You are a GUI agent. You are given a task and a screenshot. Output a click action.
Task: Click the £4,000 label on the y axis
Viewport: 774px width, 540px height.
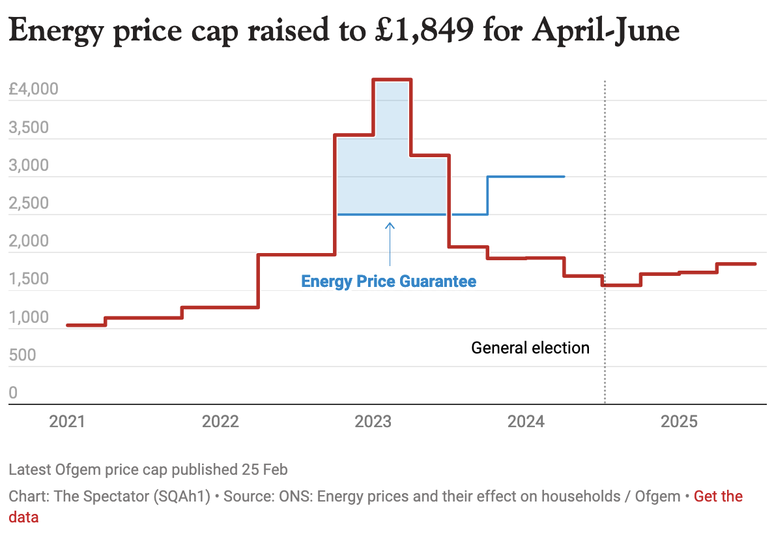(34, 89)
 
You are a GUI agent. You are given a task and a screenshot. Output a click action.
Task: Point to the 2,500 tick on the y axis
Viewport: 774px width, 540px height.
(29, 203)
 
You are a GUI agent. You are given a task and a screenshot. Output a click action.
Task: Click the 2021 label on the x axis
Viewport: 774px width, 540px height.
(67, 423)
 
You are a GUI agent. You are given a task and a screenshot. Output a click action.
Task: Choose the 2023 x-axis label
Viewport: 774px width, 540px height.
(373, 423)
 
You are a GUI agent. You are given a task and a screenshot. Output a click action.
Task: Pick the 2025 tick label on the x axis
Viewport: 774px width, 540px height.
(679, 423)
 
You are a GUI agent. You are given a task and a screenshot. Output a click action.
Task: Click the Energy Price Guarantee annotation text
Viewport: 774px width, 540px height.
(388, 282)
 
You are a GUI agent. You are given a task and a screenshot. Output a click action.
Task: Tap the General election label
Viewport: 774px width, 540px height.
(530, 348)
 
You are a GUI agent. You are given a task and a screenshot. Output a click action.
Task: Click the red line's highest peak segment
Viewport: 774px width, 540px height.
(392, 80)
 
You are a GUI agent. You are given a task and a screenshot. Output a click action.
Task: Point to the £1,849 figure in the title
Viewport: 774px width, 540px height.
(431, 31)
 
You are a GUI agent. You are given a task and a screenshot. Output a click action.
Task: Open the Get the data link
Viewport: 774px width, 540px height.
(718, 497)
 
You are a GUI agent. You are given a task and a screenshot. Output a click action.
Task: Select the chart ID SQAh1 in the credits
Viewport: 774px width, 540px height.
(182, 497)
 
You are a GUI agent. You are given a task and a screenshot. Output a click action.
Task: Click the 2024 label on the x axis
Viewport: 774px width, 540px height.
(526, 423)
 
